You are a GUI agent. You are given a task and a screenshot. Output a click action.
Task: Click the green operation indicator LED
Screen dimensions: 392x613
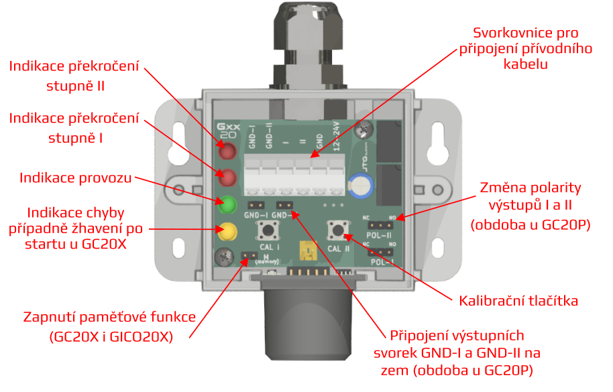[x=227, y=204]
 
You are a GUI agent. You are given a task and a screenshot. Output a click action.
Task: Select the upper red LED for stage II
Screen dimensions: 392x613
[x=227, y=150]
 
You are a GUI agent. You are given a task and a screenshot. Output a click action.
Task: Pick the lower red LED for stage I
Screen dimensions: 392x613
[x=227, y=178]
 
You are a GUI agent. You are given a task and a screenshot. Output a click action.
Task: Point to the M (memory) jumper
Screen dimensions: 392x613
[x=249, y=255]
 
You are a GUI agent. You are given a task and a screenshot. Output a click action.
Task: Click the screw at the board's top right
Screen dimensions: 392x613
[x=365, y=125]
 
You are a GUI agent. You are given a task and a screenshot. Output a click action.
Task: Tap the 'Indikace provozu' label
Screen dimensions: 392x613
[x=76, y=178]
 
